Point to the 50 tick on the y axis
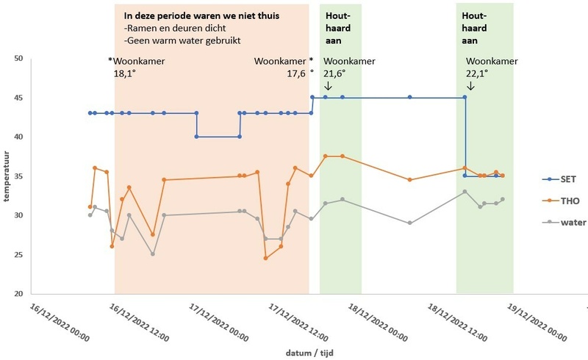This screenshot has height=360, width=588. click(x=19, y=59)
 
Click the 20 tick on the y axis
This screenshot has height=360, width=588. click(x=19, y=294)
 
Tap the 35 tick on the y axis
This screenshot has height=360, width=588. click(x=19, y=176)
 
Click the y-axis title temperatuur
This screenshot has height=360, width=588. click(x=6, y=176)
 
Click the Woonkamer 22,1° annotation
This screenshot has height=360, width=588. click(x=490, y=68)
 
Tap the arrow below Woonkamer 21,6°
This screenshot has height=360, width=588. click(x=328, y=87)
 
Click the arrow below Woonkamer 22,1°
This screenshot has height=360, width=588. click(x=470, y=87)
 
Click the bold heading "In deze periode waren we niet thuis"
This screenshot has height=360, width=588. click(x=207, y=15)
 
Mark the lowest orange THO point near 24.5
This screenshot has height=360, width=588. click(x=265, y=258)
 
